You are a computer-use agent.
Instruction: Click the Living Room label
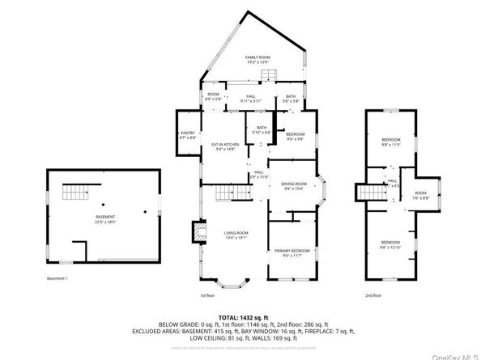click(236, 235)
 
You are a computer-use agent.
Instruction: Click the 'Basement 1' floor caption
click(57, 277)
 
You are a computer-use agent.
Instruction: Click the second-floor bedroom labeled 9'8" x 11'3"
click(391, 142)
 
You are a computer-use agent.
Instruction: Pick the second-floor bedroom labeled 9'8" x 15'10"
click(391, 244)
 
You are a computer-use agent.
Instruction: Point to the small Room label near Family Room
click(213, 96)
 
